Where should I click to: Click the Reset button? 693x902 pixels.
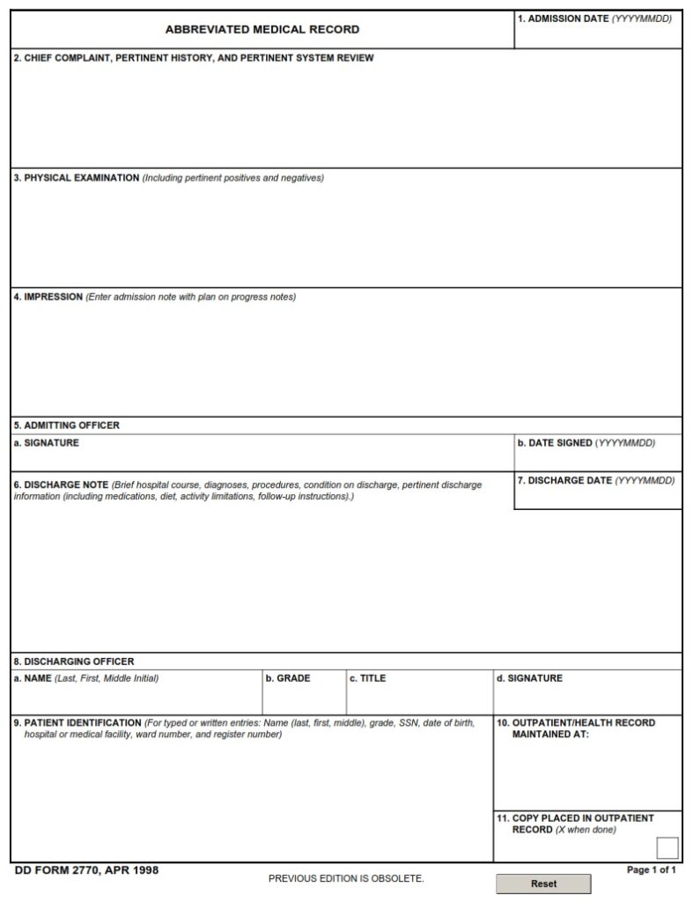(x=543, y=884)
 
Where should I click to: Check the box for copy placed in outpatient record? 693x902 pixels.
(x=667, y=847)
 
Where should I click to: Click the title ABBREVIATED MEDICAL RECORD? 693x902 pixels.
(x=262, y=29)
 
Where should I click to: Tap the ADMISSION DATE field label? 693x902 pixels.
(x=568, y=18)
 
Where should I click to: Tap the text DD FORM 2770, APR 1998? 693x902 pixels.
(x=86, y=871)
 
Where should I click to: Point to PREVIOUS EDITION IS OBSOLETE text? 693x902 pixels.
(x=346, y=878)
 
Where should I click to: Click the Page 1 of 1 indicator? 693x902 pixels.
(x=651, y=870)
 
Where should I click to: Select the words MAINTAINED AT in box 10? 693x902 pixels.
(x=550, y=735)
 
